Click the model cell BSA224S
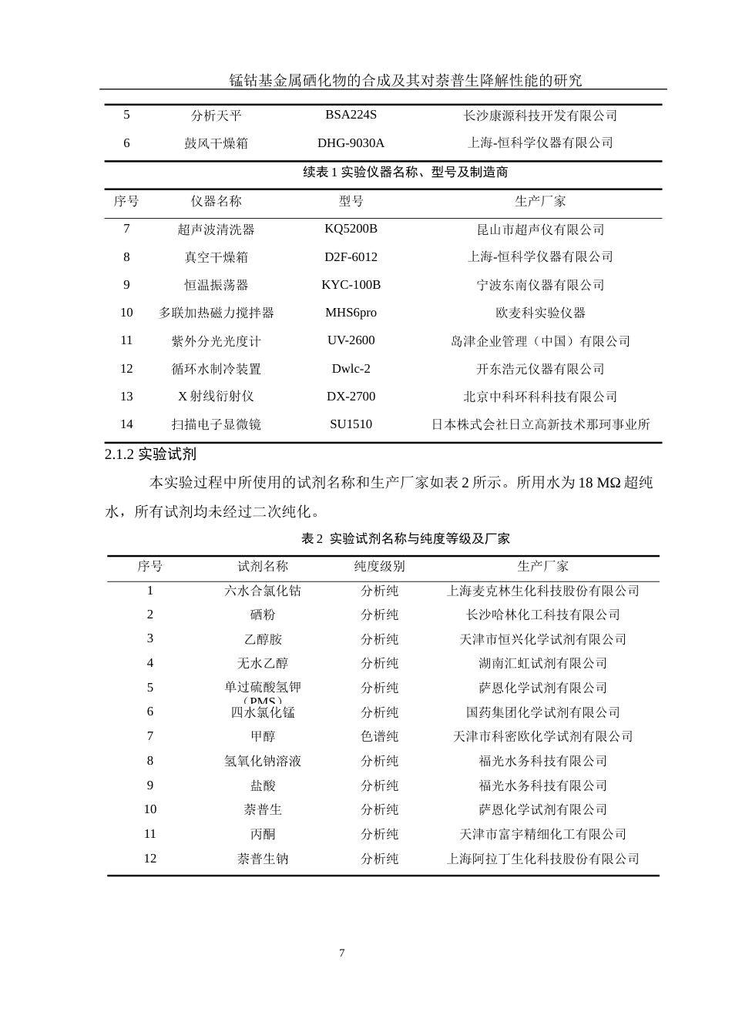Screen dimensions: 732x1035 (x=351, y=115)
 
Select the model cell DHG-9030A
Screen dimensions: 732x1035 (x=351, y=142)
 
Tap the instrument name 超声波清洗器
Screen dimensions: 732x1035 (x=216, y=229)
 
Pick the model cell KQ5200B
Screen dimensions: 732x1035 (x=351, y=229)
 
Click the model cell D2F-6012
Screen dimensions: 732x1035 (x=351, y=256)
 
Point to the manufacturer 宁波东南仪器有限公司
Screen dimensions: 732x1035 (x=540, y=285)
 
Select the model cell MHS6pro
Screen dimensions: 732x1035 (x=351, y=313)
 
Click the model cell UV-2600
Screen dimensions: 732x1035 (x=351, y=340)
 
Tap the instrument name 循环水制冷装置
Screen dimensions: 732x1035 (x=216, y=369)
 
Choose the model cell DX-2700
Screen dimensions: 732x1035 (x=351, y=397)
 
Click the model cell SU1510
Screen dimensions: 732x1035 (x=351, y=424)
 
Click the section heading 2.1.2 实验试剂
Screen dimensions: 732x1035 (x=150, y=454)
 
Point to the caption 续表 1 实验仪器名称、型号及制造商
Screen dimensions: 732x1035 (x=405, y=172)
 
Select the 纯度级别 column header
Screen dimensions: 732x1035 (x=379, y=566)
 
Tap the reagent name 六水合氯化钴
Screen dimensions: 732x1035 (x=262, y=591)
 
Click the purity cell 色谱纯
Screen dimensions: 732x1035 (x=379, y=736)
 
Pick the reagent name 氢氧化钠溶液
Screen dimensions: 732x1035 (x=262, y=761)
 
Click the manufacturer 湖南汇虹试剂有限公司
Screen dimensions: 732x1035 (x=542, y=663)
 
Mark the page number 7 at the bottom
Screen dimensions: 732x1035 (x=341, y=953)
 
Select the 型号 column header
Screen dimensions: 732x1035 (x=351, y=201)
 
